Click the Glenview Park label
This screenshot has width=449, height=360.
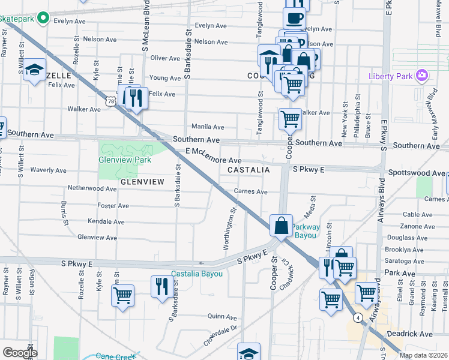coord(125,160)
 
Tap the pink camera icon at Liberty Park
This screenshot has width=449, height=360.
coord(423,76)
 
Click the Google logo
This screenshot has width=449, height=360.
coord(20,353)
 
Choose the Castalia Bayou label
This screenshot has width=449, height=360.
coord(197,274)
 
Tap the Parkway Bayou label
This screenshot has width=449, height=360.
coord(306,232)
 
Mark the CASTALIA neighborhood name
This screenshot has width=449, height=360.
coord(248,170)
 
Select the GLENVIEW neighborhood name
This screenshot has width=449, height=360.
coord(142,181)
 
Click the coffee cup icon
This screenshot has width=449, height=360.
coord(294,18)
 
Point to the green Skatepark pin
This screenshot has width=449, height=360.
coord(43,19)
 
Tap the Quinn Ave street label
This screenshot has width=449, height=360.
coord(223,316)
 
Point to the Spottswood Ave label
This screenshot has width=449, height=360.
coord(415,173)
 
